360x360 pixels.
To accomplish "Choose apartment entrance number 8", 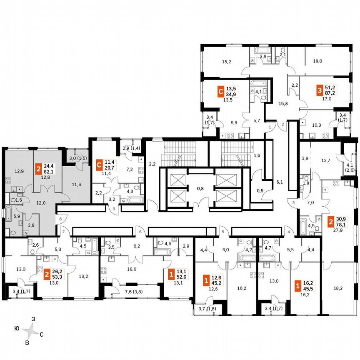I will [x=60, y=218].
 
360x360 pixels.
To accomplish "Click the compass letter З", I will [x=33, y=318].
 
